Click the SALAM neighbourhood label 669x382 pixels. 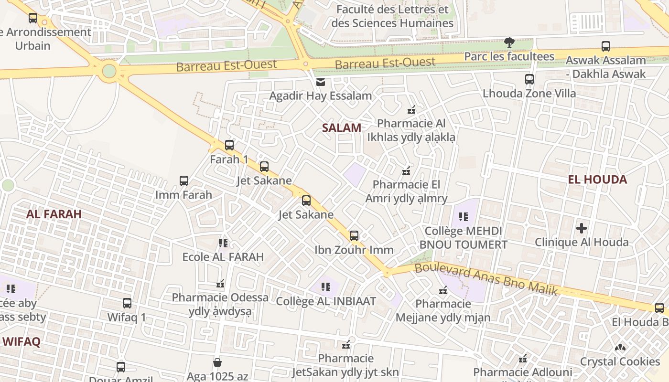pos(341,127)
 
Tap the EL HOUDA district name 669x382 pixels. pos(597,180)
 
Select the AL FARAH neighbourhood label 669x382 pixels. pos(54,214)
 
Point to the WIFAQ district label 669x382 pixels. pos(22,342)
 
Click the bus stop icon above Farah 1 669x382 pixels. pos(229,145)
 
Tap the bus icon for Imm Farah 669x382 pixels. pos(184,181)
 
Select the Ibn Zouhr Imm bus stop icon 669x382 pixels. pos(354,235)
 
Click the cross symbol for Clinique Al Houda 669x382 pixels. pos(581,228)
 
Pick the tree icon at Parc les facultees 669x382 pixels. pos(509,42)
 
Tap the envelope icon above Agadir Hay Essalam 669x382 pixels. pos(320,82)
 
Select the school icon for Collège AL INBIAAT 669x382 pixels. pos(326,287)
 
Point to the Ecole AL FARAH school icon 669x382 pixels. pos(223,243)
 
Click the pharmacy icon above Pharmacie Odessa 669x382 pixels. pos(220,284)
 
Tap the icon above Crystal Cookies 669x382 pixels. pos(620,348)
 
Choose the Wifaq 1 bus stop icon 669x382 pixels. pos(127,303)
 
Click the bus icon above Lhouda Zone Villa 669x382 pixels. pos(529,79)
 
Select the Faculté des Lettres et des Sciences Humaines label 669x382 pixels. pos(392,16)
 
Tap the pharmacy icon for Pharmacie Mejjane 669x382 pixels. pos(443,290)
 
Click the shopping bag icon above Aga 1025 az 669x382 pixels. pos(217,362)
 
